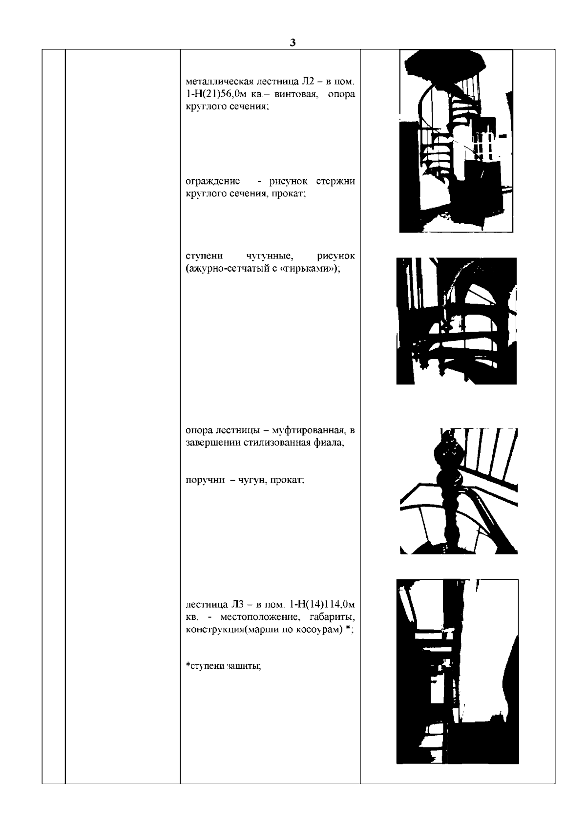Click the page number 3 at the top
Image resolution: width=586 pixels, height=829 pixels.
point(293,43)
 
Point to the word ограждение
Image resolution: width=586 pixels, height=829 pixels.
point(213,181)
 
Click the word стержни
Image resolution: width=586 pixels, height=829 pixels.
point(335,181)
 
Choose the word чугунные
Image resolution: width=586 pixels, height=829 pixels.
point(270,256)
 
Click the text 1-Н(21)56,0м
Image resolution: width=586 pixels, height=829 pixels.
point(214,94)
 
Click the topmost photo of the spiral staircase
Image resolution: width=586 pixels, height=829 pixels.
point(456,141)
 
